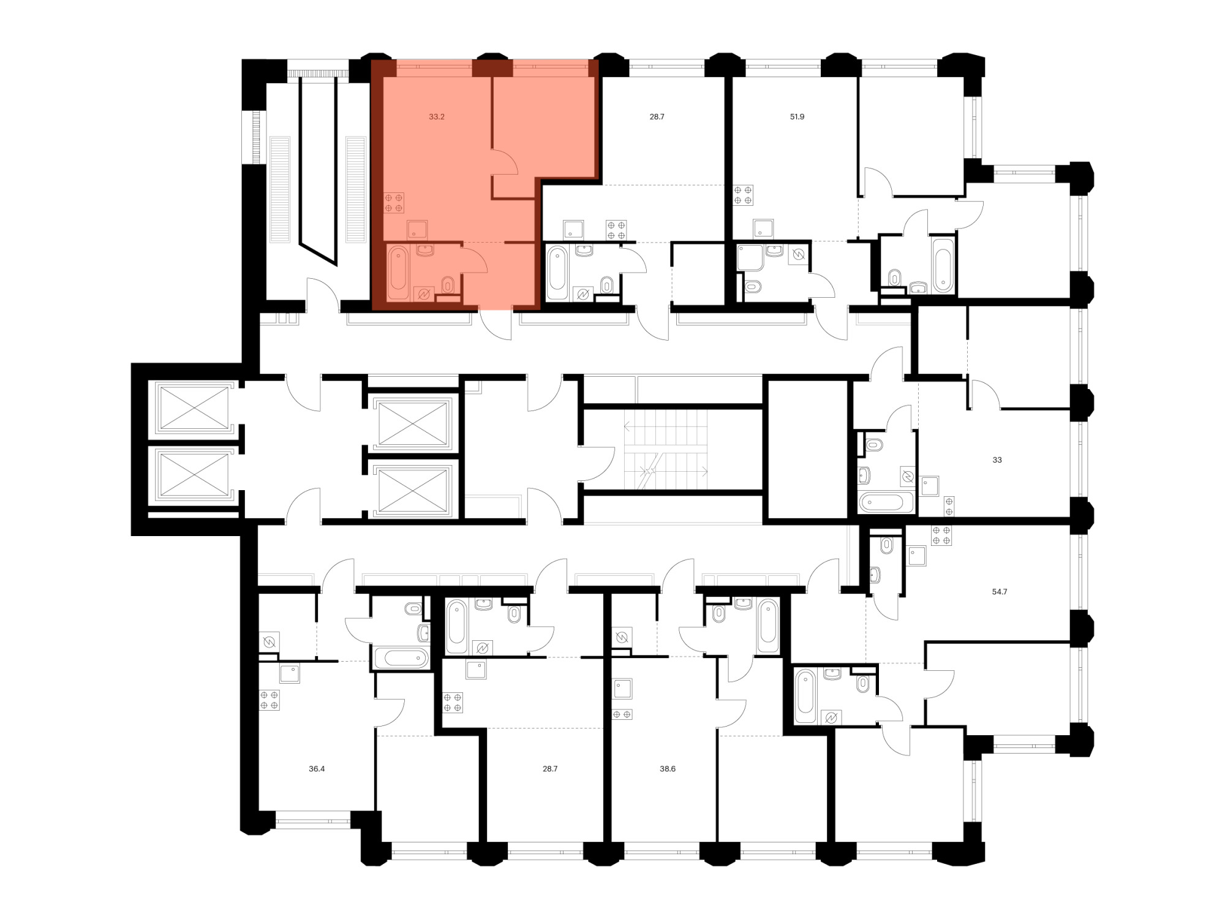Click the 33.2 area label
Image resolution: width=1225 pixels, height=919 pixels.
point(436,116)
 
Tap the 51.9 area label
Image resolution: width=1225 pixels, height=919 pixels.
point(797,116)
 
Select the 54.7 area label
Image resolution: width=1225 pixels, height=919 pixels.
point(999,592)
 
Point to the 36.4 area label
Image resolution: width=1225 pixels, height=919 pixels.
point(317,769)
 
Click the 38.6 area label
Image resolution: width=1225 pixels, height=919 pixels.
point(668,769)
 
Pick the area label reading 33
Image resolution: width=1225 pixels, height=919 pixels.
point(997,460)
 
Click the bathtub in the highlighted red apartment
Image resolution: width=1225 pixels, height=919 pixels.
point(398,272)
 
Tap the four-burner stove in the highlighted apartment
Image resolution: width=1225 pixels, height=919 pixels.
point(394,203)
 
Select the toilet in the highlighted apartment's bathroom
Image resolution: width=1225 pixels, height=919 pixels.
point(448,284)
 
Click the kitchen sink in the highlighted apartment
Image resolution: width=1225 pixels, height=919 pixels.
point(417,230)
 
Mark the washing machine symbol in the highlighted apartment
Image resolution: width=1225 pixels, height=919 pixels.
point(423,295)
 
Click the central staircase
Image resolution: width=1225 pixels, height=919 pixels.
point(666,450)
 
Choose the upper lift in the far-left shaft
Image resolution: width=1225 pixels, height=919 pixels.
point(194,407)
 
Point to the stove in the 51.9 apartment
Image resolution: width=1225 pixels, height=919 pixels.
point(743,195)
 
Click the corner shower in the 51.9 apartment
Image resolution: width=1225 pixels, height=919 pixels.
point(749,258)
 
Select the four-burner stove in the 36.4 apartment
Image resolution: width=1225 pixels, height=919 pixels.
point(269,700)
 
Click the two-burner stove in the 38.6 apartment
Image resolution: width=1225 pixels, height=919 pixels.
point(622,714)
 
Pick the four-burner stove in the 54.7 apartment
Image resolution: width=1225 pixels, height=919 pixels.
point(941,535)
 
